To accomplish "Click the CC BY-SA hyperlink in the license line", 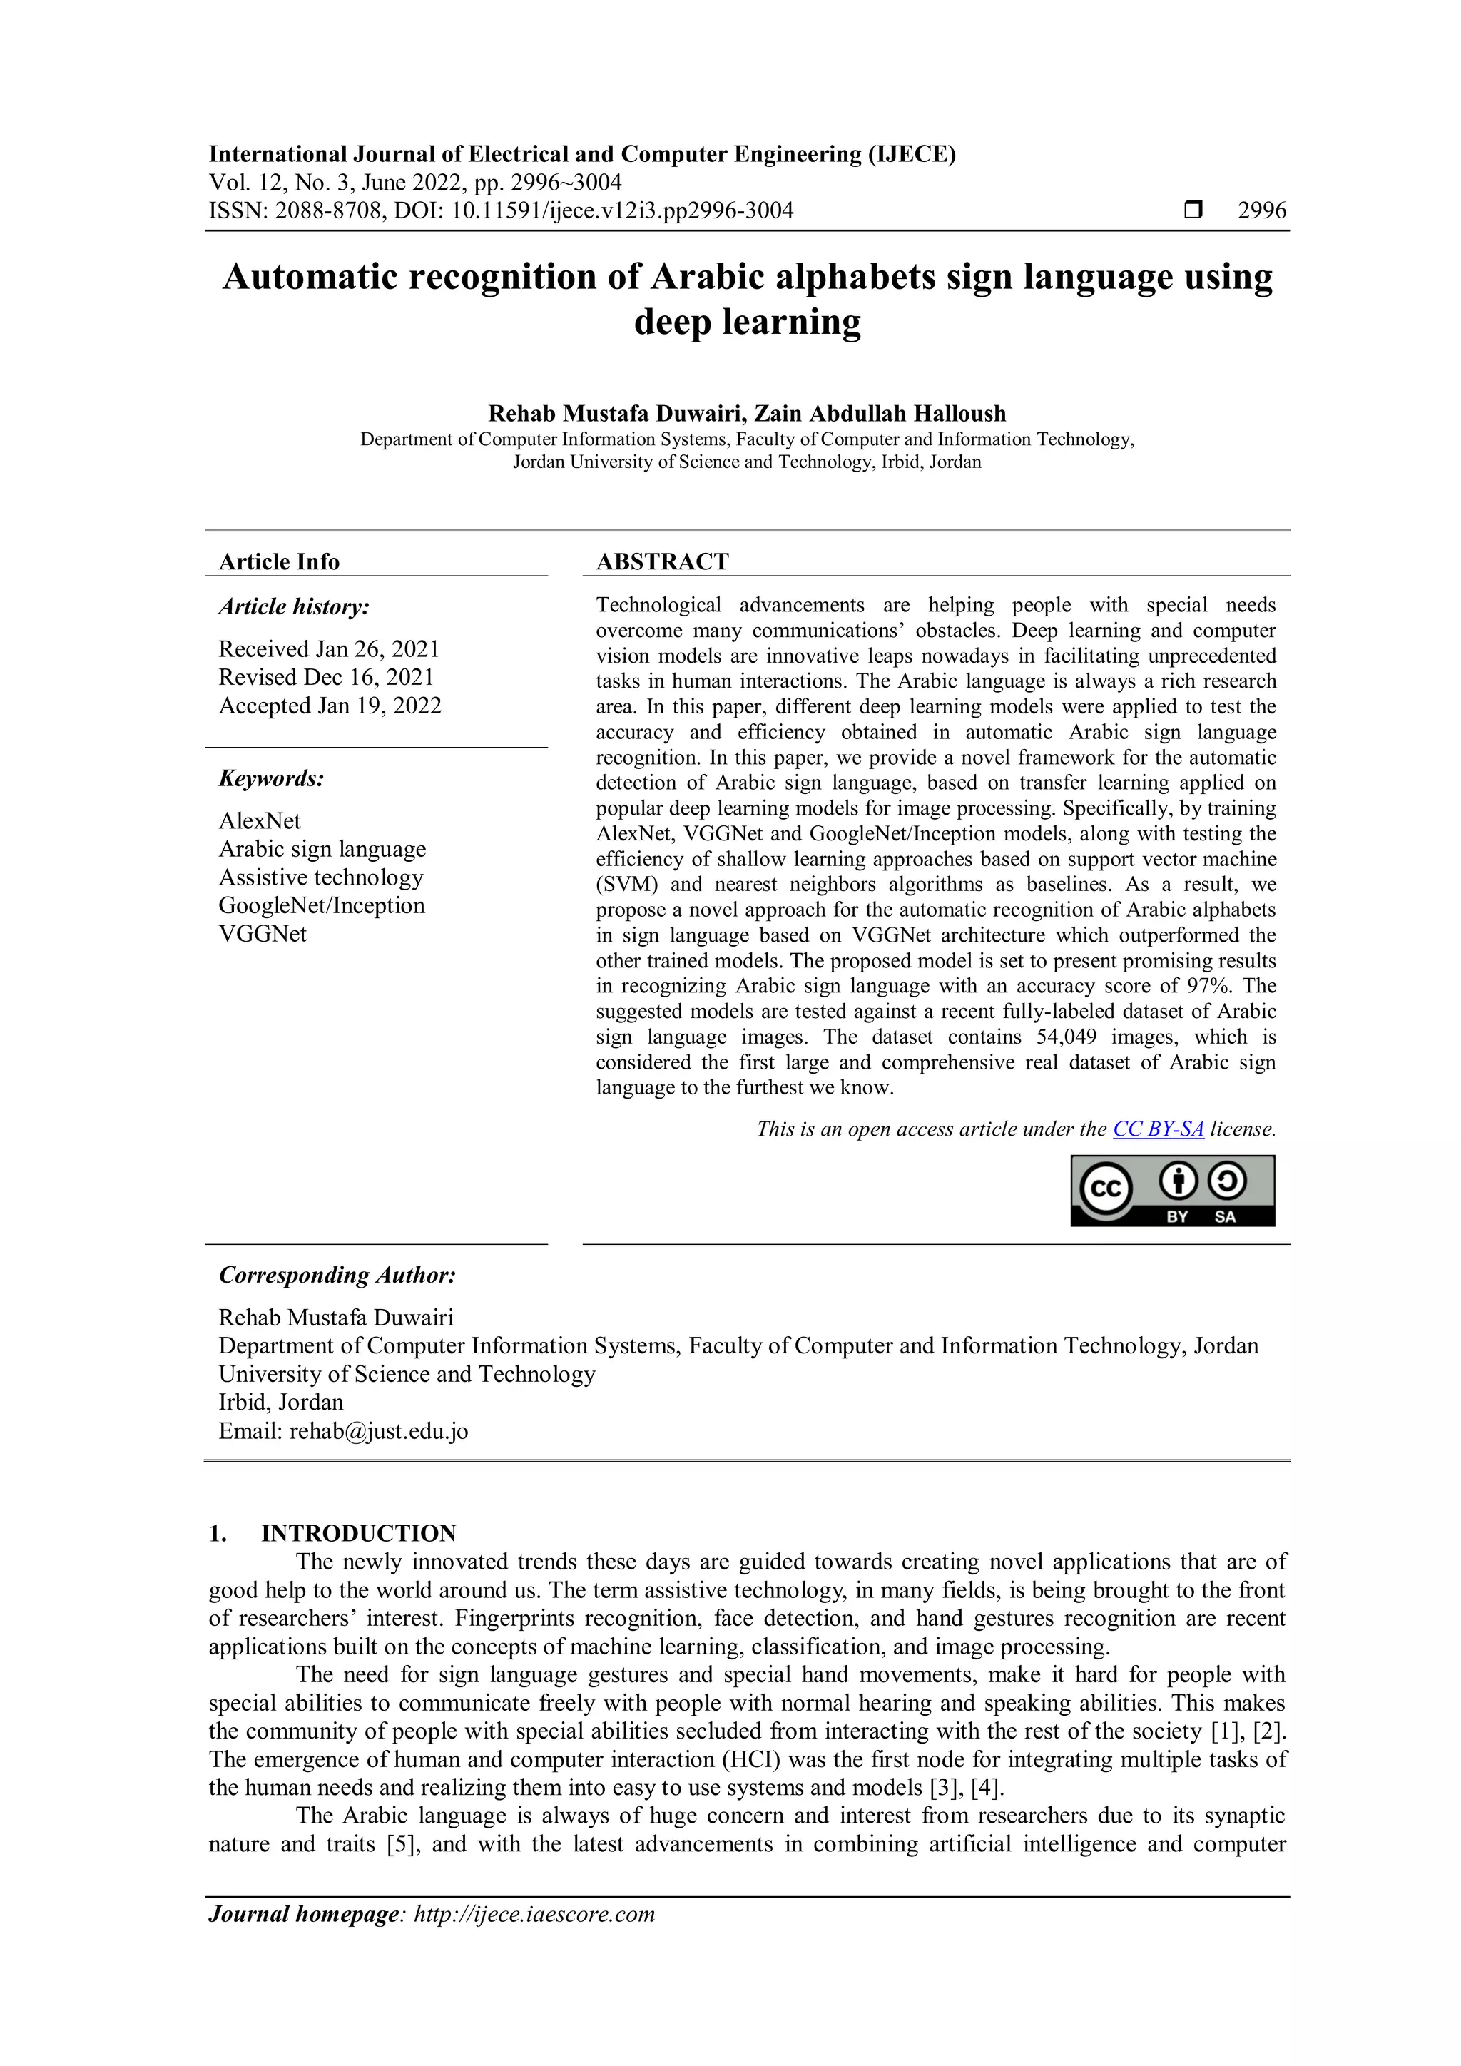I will [x=1158, y=1129].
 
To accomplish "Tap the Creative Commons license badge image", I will [x=1172, y=1191].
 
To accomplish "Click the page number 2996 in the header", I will [x=1261, y=210].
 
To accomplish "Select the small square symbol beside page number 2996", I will [x=1193, y=210].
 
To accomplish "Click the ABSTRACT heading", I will [x=662, y=561].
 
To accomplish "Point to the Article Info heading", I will [x=279, y=561].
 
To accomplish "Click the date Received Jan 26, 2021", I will [x=330, y=648].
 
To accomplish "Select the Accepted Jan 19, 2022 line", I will [x=330, y=706].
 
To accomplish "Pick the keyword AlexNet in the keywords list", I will [x=260, y=820].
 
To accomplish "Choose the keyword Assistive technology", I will [x=321, y=877].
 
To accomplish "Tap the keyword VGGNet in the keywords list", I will [x=263, y=934].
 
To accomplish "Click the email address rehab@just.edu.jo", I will [x=379, y=1431].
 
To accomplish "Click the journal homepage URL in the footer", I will [x=534, y=1914].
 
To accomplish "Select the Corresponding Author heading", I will [x=337, y=1275].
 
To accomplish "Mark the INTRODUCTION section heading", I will [x=358, y=1533].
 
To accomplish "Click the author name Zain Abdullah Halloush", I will [x=880, y=414].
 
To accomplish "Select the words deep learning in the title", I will [x=747, y=322].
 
